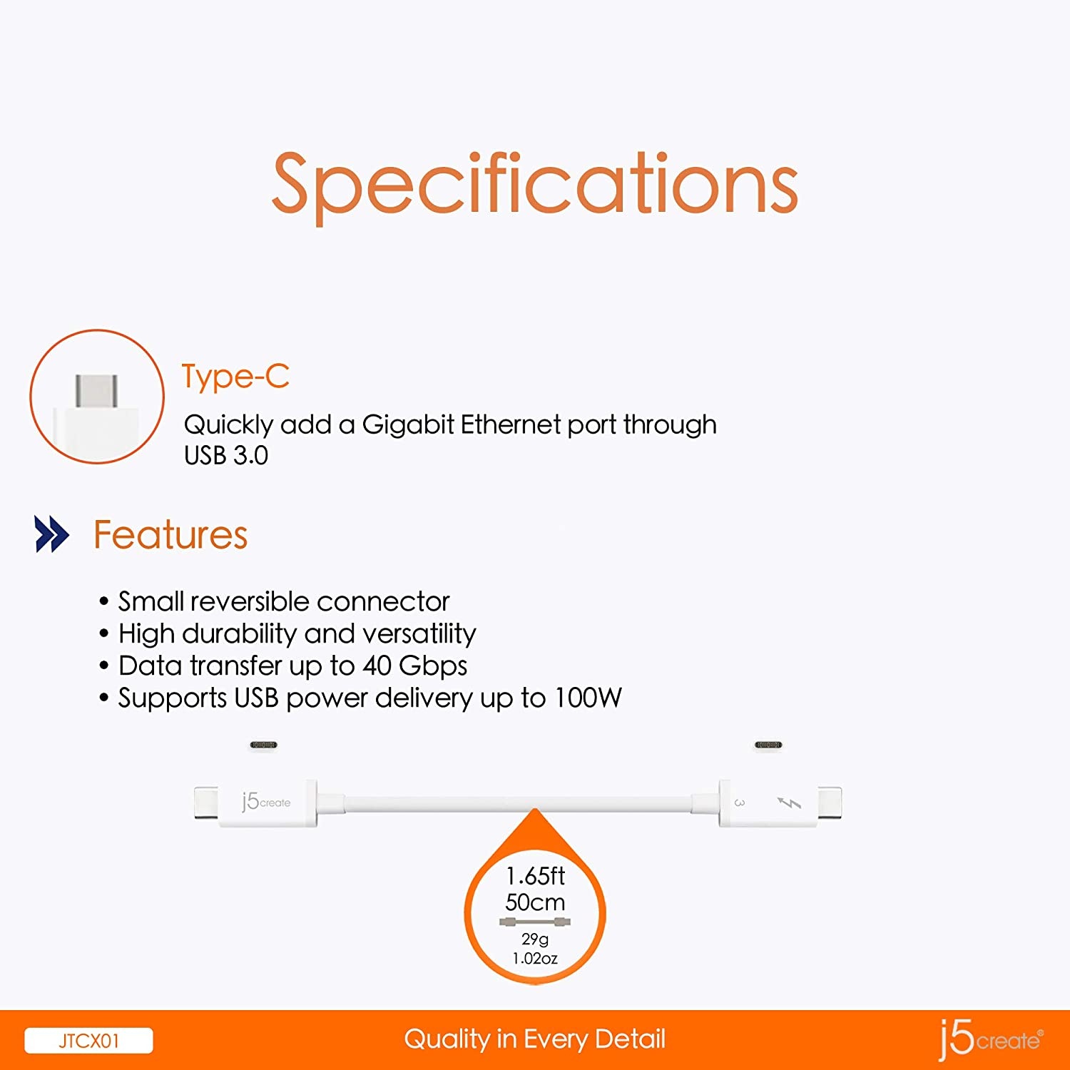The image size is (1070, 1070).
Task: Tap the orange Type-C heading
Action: (235, 377)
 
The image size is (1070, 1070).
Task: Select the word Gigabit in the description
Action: (408, 425)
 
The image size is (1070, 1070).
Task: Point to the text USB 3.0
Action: (226, 455)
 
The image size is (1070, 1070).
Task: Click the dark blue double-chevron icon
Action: (52, 534)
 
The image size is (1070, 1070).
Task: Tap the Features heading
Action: (170, 535)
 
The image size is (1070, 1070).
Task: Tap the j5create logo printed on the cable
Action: (265, 802)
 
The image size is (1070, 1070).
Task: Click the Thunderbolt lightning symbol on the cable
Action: (789, 803)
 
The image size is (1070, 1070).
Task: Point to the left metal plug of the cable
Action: (206, 802)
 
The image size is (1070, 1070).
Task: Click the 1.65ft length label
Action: (535, 875)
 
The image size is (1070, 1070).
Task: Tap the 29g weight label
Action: (535, 939)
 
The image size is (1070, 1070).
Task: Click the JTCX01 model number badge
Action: (88, 1041)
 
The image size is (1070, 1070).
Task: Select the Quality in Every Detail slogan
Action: (535, 1039)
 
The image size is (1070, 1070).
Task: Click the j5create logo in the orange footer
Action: (991, 1039)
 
